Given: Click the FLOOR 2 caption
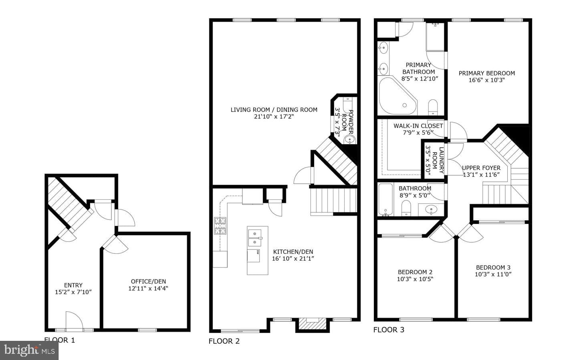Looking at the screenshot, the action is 224,341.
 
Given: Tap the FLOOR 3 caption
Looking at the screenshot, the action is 389,330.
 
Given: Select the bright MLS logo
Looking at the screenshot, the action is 29,350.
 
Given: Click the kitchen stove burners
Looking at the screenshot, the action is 220,226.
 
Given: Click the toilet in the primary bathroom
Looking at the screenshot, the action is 433,107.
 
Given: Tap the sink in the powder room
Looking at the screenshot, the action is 350,139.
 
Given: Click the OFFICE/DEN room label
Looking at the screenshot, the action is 148,282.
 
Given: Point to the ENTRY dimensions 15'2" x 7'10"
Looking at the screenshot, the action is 73,292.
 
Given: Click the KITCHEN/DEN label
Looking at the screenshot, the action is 293,251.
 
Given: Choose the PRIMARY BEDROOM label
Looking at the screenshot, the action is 487,73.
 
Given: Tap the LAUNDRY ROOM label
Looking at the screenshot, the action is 438,160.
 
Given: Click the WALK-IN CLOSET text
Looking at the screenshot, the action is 418,126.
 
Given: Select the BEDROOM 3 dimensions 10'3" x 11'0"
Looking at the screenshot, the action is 493,274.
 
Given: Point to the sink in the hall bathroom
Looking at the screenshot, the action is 431,209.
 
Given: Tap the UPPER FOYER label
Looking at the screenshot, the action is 481,168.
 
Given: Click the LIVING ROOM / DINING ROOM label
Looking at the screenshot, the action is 274,110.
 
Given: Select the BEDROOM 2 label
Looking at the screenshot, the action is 415,272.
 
